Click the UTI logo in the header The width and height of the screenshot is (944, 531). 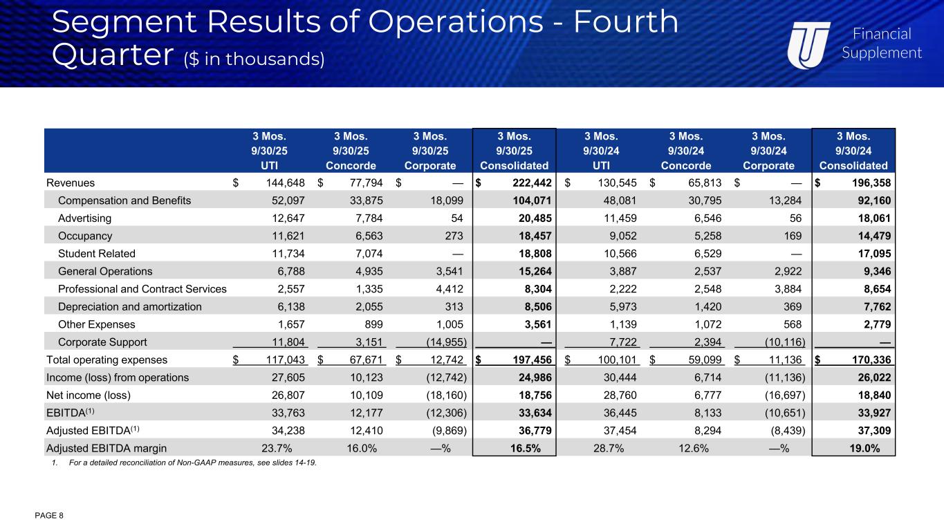click(x=812, y=43)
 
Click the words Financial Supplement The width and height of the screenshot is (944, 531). click(x=881, y=43)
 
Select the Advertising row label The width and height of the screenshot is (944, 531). click(x=85, y=218)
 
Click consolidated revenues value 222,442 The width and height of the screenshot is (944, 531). click(x=523, y=183)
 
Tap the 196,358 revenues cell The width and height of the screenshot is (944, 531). click(x=862, y=183)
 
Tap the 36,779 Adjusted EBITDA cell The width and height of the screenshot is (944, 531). click(x=531, y=429)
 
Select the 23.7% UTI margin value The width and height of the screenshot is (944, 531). click(x=277, y=447)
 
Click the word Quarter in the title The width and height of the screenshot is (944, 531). click(x=112, y=55)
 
